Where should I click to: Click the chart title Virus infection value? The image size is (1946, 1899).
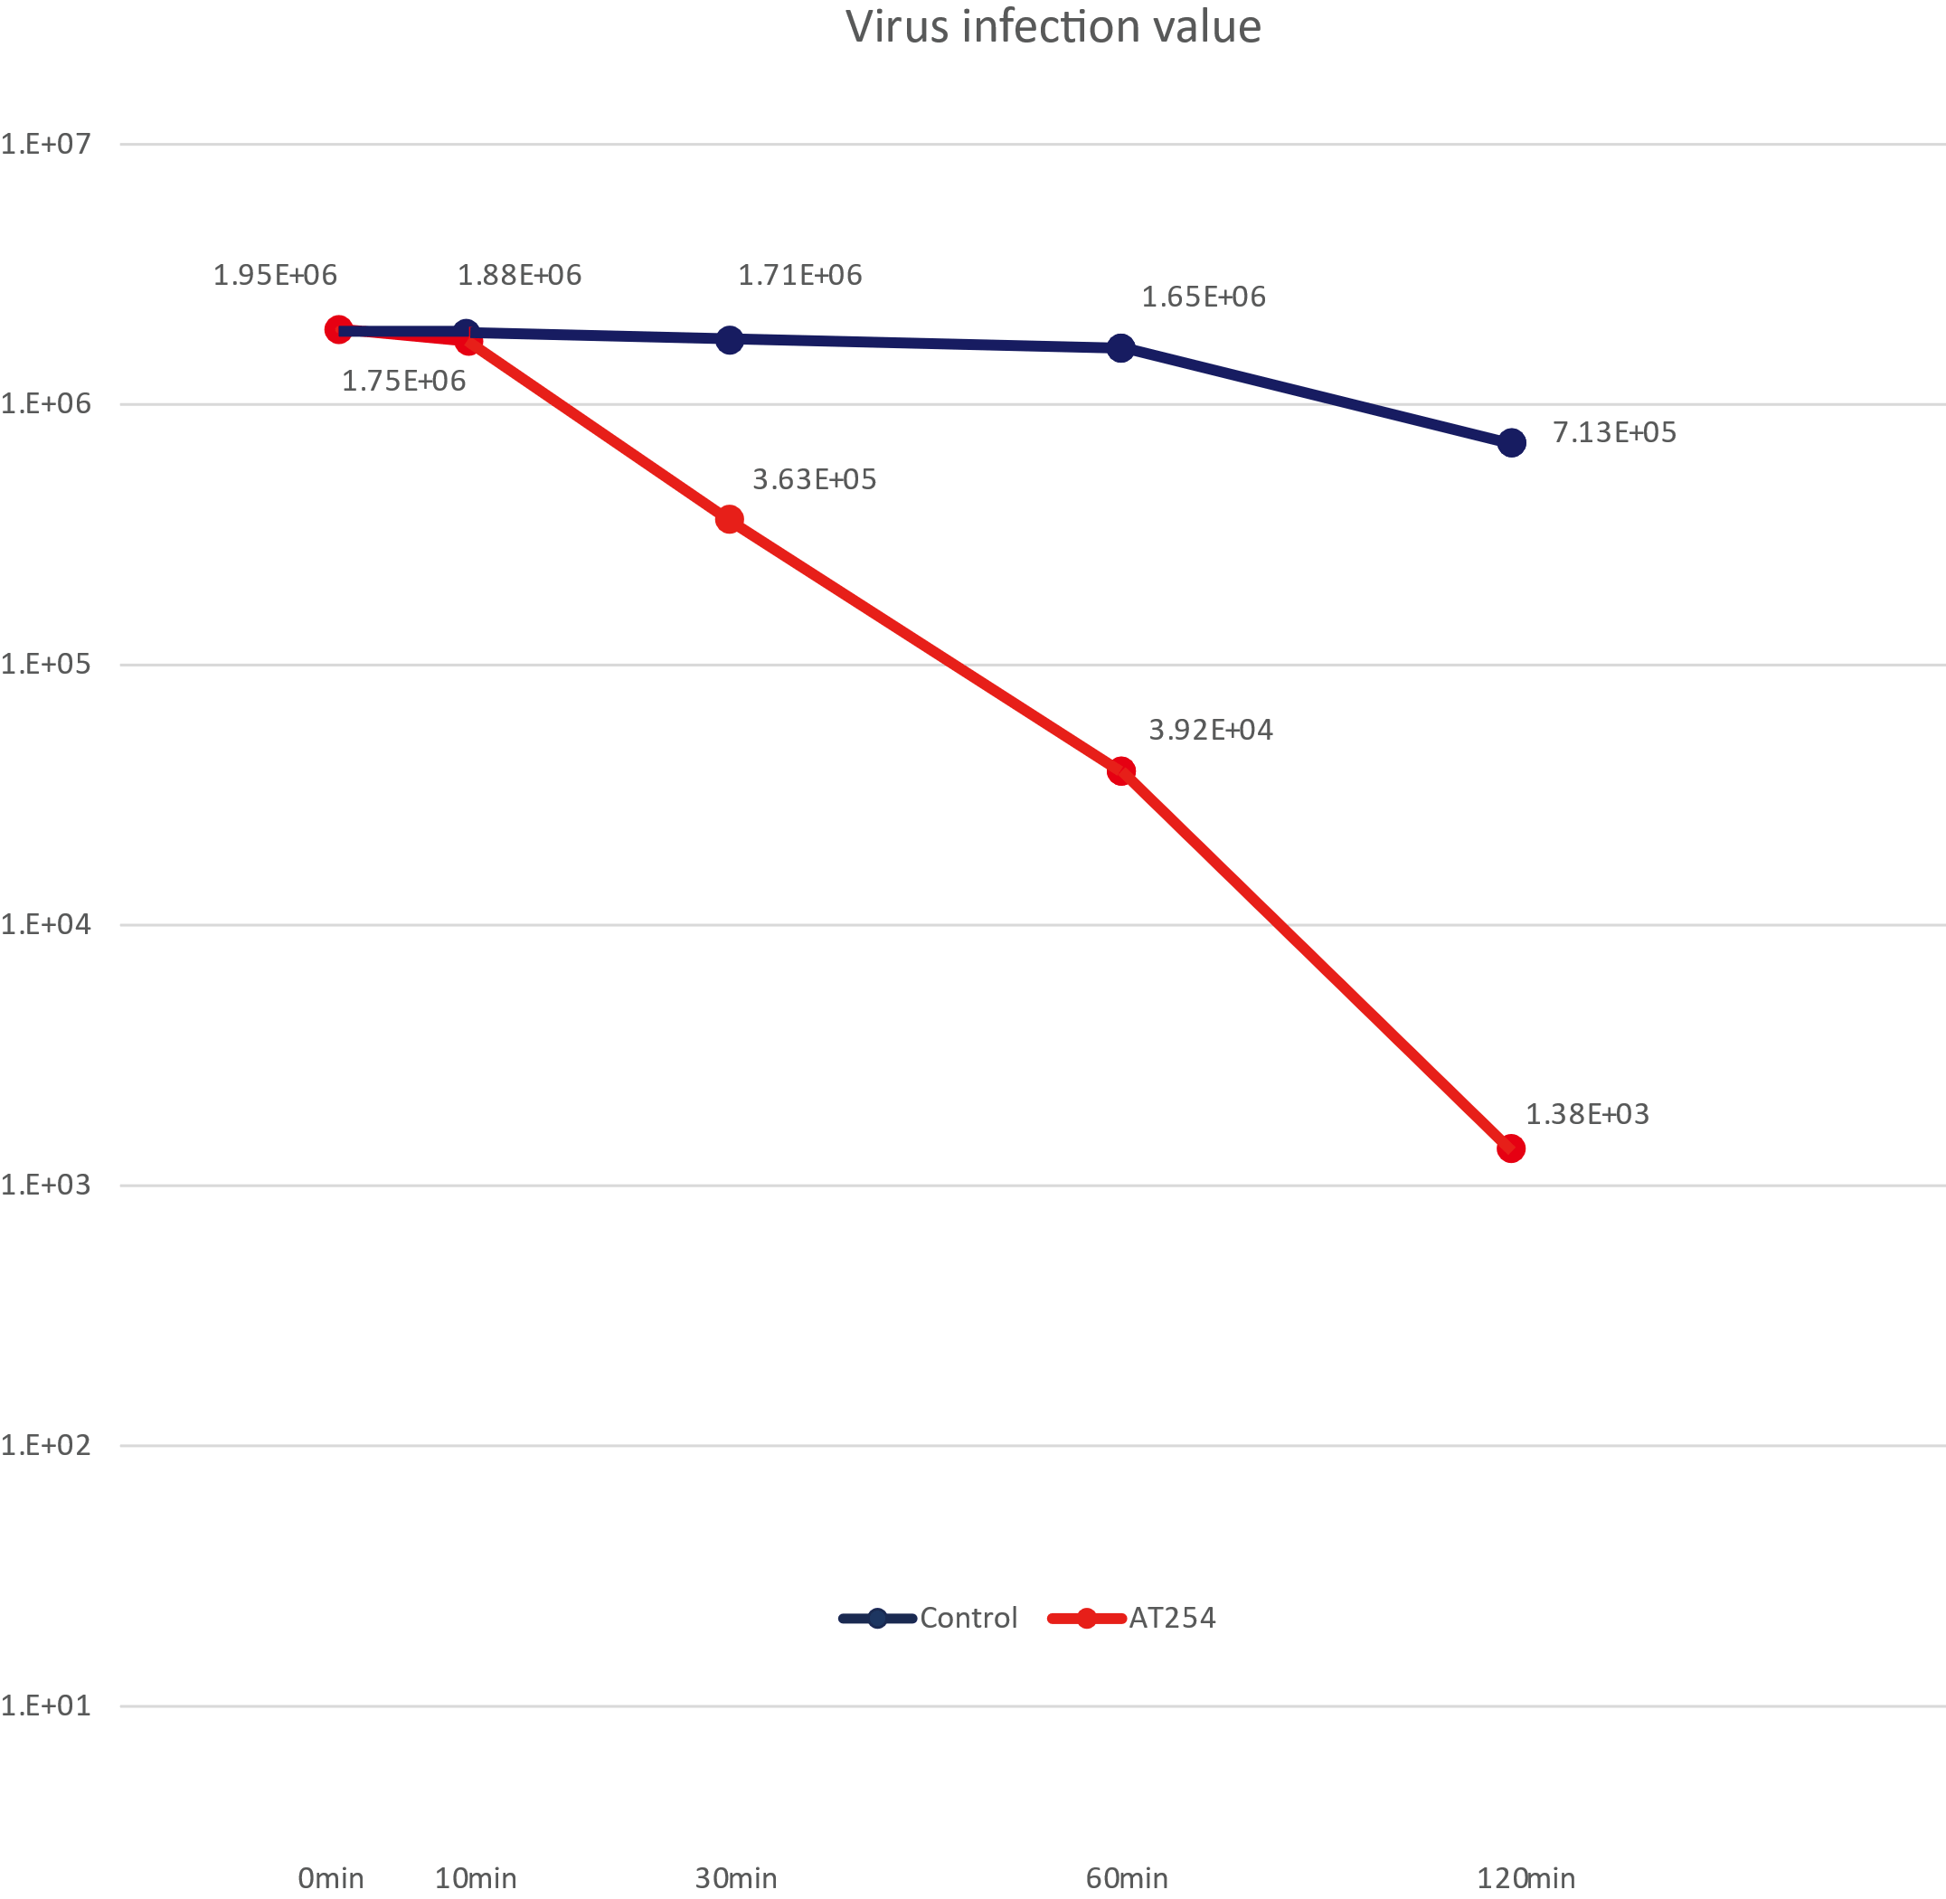[1053, 27]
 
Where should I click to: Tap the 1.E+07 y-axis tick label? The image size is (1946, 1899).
[46, 144]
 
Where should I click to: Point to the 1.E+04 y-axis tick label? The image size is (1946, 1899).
[46, 923]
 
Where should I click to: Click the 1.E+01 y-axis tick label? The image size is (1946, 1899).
[46, 1705]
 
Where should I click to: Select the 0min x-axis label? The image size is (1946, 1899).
[330, 1877]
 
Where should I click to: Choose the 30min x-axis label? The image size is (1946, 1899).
[735, 1877]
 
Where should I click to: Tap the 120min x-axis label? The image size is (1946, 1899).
[1526, 1877]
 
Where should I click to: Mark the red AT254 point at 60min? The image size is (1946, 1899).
[1121, 770]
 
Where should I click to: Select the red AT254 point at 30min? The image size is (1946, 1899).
[730, 519]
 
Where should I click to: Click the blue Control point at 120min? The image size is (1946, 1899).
[1511, 442]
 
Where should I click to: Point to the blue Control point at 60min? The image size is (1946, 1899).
[1121, 347]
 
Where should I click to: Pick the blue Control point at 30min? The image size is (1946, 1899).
[730, 339]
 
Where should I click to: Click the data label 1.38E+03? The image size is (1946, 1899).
[1587, 1113]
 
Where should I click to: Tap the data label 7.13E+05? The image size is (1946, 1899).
[1614, 432]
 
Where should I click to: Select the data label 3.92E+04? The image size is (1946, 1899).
[1210, 729]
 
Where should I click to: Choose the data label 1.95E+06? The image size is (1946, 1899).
[274, 274]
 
